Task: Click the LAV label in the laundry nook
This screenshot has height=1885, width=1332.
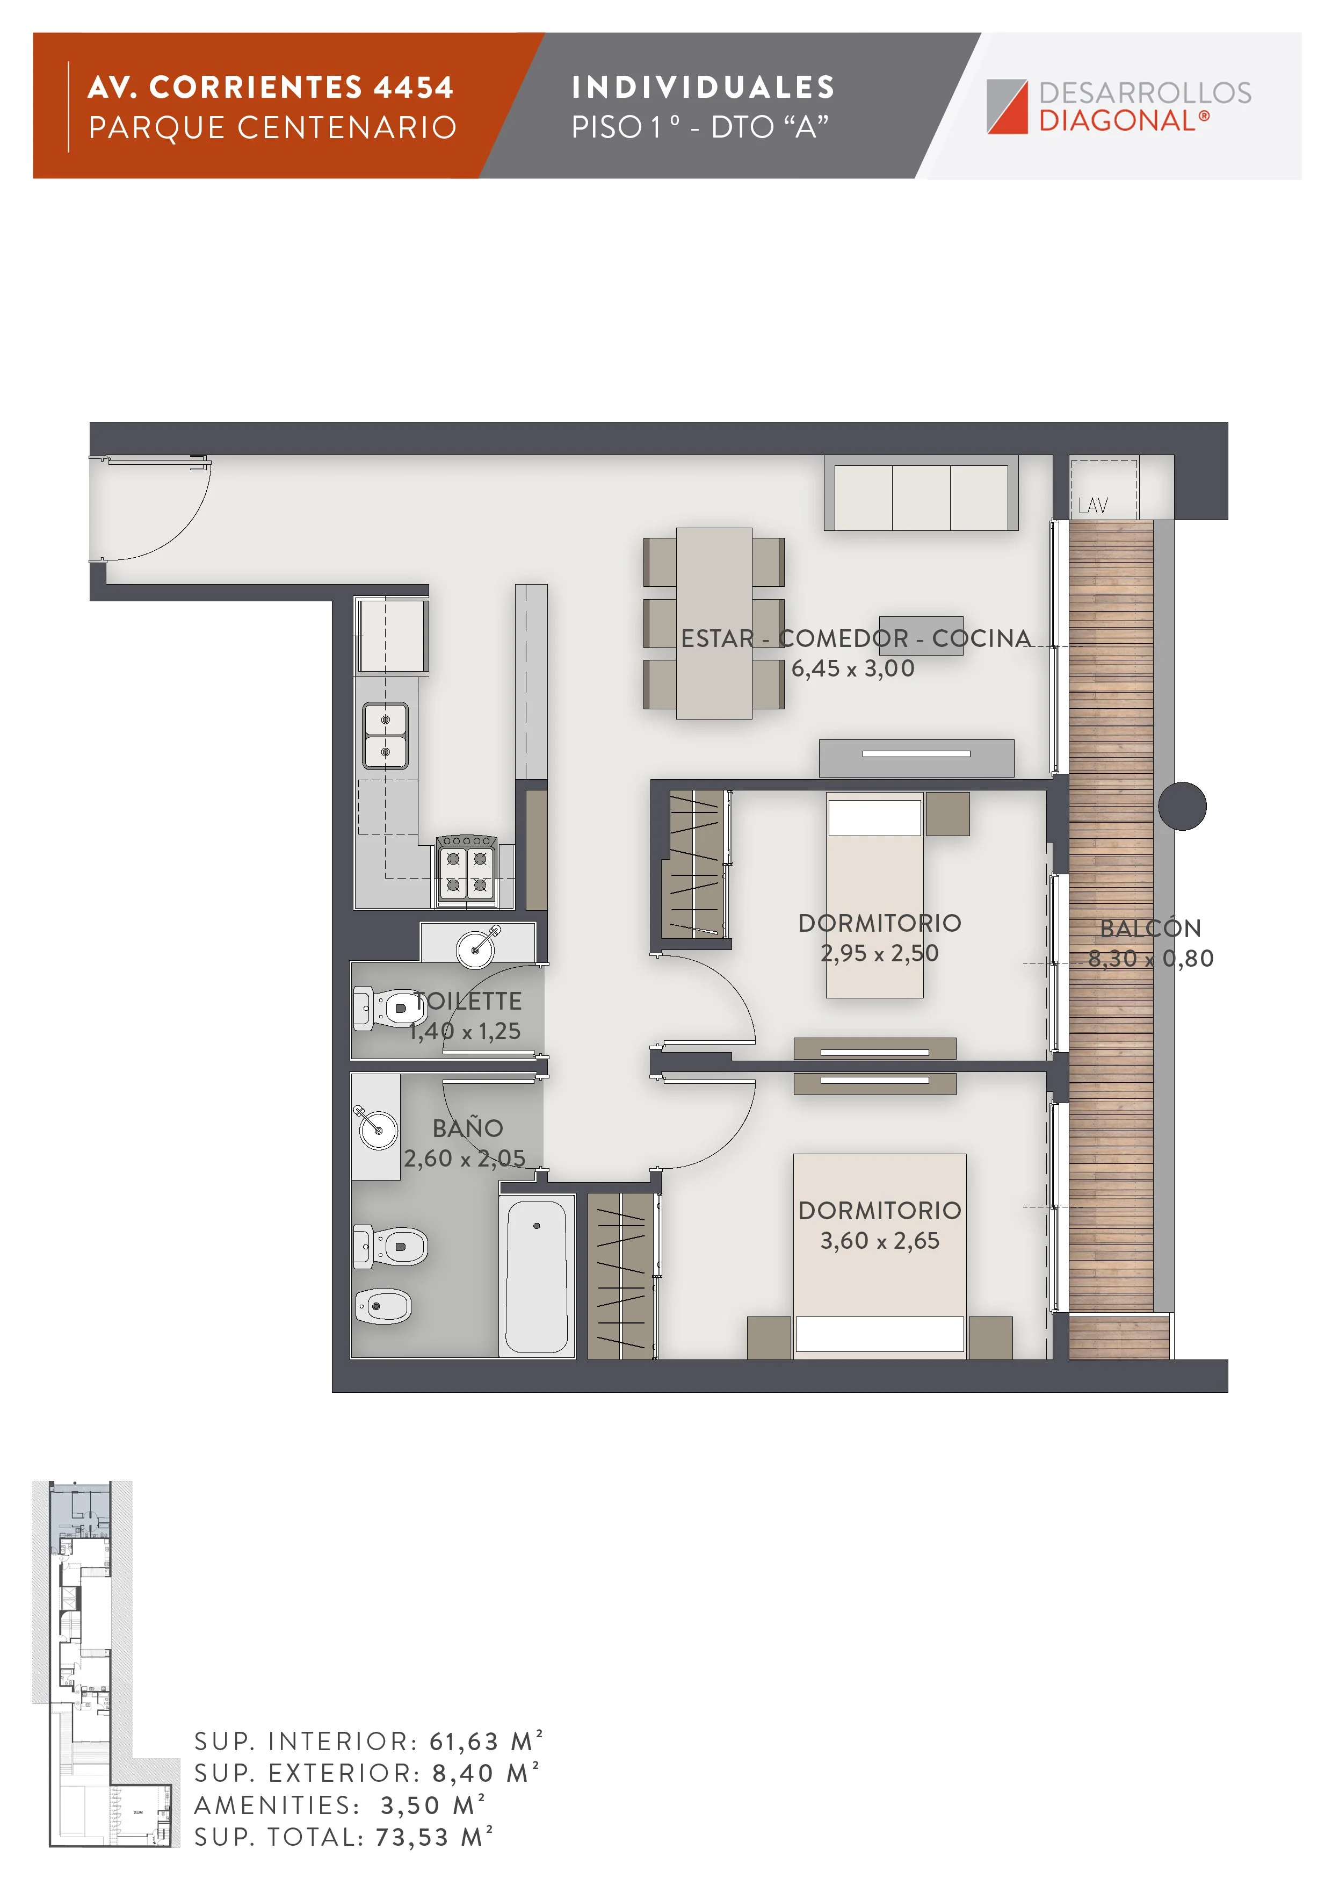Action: tap(1092, 506)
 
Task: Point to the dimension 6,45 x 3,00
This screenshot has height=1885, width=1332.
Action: tap(853, 668)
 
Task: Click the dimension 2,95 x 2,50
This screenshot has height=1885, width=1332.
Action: tap(879, 953)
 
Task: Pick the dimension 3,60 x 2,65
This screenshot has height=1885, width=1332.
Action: tap(879, 1241)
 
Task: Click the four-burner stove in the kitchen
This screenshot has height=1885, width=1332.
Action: tap(466, 870)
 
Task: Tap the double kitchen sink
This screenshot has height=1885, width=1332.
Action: tap(386, 736)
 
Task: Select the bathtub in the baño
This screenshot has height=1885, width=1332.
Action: tap(537, 1276)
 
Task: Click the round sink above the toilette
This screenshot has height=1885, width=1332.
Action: tap(477, 948)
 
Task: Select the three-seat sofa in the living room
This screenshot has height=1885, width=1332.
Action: tap(921, 494)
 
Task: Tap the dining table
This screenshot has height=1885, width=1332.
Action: tap(714, 623)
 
